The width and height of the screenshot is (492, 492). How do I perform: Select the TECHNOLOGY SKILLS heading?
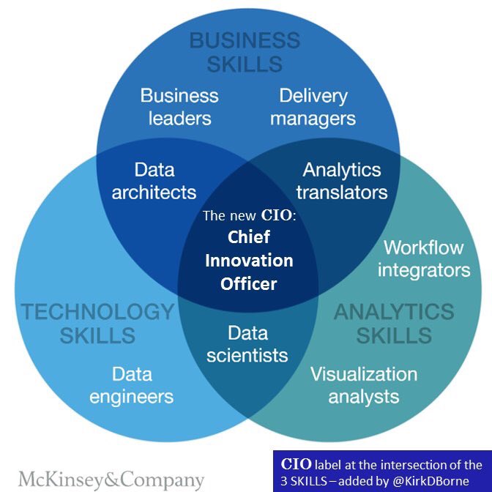97,324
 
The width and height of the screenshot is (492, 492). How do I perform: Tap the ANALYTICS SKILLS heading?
394,324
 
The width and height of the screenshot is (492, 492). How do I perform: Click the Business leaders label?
179,106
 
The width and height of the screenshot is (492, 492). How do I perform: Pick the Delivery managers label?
313,106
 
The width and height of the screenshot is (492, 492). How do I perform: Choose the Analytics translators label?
342,181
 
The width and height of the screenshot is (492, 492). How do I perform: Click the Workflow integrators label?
424,258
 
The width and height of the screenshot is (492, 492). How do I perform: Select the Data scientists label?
247,344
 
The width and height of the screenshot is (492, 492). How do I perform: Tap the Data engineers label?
133,385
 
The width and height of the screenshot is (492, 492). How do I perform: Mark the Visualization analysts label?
364,385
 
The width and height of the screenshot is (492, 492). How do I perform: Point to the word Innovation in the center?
249,260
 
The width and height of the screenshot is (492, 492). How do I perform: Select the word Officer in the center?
249,283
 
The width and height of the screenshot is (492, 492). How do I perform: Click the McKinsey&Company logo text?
111,480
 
